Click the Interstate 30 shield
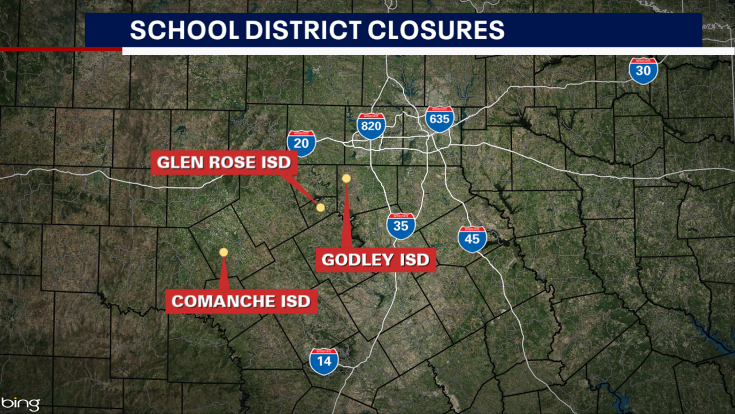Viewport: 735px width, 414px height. pos(643,71)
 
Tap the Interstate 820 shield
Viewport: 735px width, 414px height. pos(371,126)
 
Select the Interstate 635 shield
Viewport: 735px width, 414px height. pos(440,119)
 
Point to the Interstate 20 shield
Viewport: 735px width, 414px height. pos(301,143)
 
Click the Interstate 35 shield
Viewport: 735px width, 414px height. pos(401,226)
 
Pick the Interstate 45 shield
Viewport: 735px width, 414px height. pos(472,239)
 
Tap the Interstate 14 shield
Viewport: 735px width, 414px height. pos(324,361)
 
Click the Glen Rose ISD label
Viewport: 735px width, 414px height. pos(224,163)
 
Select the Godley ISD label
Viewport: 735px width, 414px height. pos(376,260)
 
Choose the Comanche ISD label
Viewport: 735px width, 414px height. pos(241,301)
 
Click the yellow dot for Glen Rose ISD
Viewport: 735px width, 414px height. pos(320,207)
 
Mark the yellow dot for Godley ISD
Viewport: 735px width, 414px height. pos(346,178)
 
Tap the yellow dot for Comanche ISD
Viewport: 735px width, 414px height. pos(223,252)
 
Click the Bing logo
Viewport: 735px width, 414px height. pos(21,404)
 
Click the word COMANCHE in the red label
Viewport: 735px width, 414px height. pos(222,301)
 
